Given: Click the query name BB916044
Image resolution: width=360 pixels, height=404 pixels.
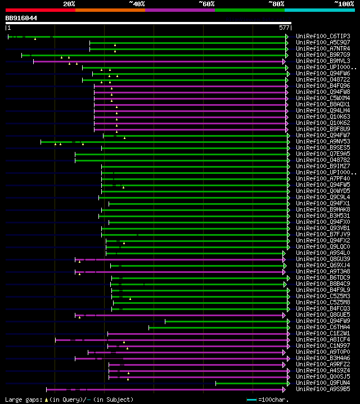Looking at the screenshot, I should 21,18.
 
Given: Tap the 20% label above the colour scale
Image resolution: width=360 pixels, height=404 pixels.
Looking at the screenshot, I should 69,3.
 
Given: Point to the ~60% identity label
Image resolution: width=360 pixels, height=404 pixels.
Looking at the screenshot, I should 206,3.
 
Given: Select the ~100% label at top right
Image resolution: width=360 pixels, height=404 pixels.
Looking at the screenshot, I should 344,3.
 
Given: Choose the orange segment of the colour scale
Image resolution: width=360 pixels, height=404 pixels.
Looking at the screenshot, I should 110,10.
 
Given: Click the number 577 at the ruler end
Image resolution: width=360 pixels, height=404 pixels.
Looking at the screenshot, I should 284,27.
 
